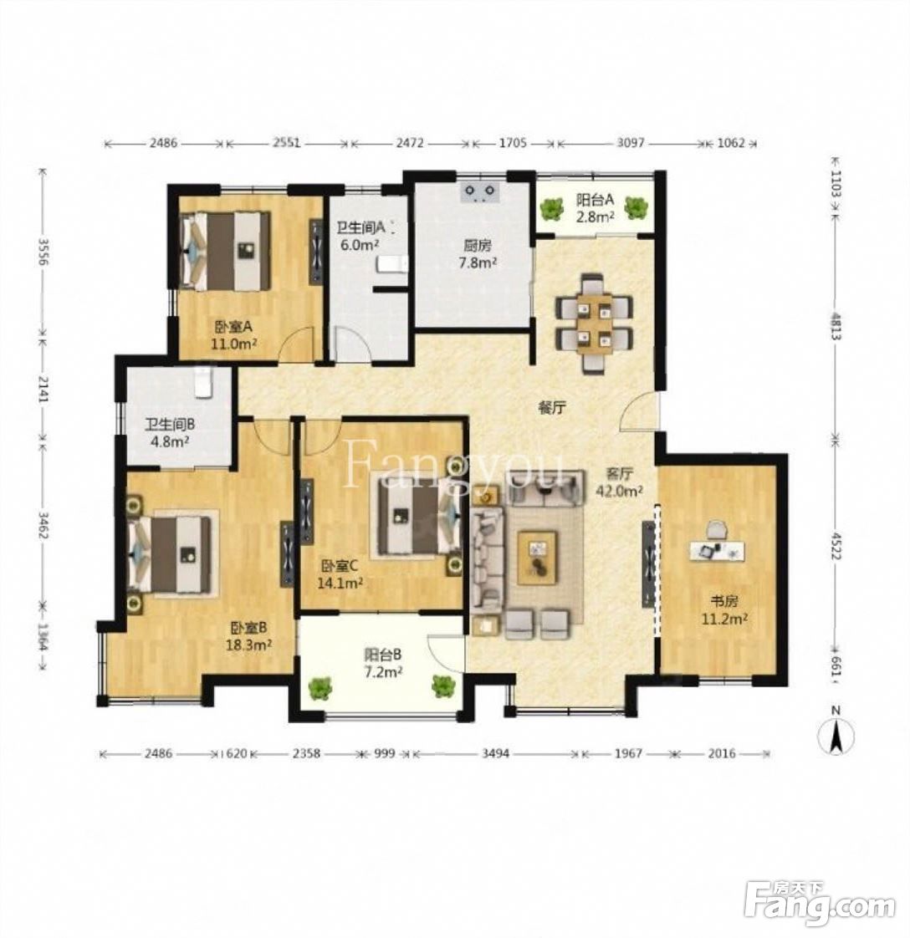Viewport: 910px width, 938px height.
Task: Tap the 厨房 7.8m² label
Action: pos(477,253)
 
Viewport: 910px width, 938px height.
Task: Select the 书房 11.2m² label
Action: pos(724,609)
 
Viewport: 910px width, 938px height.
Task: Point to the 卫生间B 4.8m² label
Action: pos(169,432)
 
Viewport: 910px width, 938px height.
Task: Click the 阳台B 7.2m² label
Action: pos(382,663)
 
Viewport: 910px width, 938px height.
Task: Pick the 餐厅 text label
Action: pos(552,409)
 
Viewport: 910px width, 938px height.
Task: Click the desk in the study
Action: pos(715,550)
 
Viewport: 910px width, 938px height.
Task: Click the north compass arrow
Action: pos(836,736)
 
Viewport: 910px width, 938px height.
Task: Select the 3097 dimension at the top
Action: pos(631,143)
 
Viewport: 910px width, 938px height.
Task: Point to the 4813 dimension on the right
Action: pos(836,327)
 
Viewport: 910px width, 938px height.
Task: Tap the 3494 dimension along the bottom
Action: pos(496,754)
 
